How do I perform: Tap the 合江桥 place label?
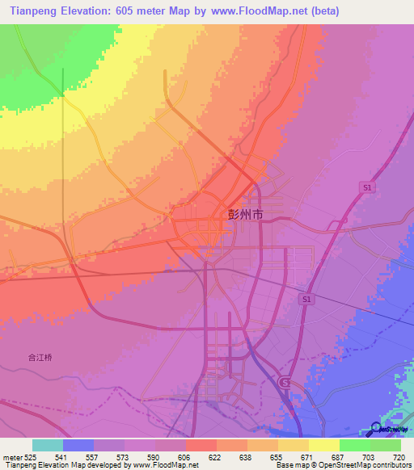pos(40,356)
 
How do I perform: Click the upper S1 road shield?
pos(367,187)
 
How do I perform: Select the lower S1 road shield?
pos(306,299)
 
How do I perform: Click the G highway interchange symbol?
pos(283,381)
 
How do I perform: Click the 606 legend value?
pos(185,456)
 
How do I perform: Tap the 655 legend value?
pos(277,456)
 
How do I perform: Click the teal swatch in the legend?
pos(47,445)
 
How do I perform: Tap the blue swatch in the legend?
pos(78,445)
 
